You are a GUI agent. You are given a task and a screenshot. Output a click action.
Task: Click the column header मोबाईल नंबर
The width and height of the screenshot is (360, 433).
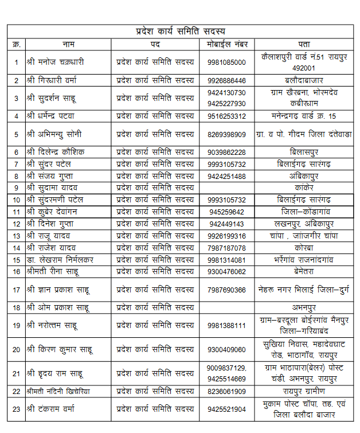pos(227,44)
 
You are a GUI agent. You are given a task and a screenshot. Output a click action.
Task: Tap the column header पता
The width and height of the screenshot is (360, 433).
pos(304,44)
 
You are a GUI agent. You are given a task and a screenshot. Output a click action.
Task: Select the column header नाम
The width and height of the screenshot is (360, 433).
pos(68,44)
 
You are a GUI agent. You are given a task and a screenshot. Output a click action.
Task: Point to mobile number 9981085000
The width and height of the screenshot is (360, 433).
pos(227,62)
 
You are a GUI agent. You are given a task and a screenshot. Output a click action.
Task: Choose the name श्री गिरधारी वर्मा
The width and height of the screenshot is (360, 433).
pos(56,80)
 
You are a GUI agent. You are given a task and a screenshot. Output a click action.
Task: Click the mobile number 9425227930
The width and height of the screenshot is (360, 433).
pos(227,104)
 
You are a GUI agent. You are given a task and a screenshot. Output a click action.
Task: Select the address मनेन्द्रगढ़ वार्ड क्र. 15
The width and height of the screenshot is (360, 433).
pos(304,116)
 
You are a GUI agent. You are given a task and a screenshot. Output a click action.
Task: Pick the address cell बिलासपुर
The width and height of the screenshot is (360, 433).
pos(304,152)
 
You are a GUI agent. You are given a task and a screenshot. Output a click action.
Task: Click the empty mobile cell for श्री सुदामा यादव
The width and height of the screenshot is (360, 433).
pos(227,188)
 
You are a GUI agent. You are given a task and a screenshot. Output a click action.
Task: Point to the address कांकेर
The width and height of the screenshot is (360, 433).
pos(304,188)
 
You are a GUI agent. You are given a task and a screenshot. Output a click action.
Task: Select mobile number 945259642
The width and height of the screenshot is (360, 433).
pos(227,212)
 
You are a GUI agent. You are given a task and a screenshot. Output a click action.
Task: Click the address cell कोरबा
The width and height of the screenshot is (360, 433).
pos(304,248)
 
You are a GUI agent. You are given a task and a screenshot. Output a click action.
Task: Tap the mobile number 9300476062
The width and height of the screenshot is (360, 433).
pos(227,272)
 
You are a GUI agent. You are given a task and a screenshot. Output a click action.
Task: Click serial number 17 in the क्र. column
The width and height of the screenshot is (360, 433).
pos(16,290)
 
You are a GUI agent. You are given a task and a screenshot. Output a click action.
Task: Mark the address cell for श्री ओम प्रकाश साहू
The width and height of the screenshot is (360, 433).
pos(304,307)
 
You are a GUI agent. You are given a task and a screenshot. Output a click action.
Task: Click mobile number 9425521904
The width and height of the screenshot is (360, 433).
pos(227,409)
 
